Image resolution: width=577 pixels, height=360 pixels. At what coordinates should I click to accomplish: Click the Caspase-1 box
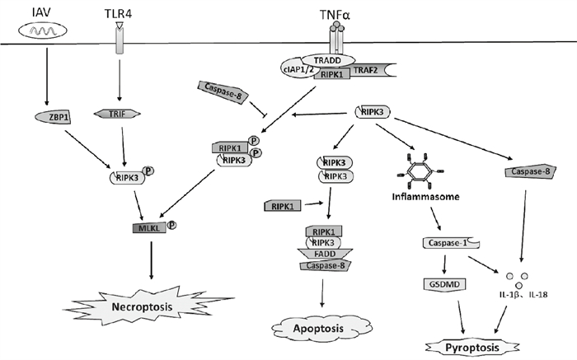tap(449, 243)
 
